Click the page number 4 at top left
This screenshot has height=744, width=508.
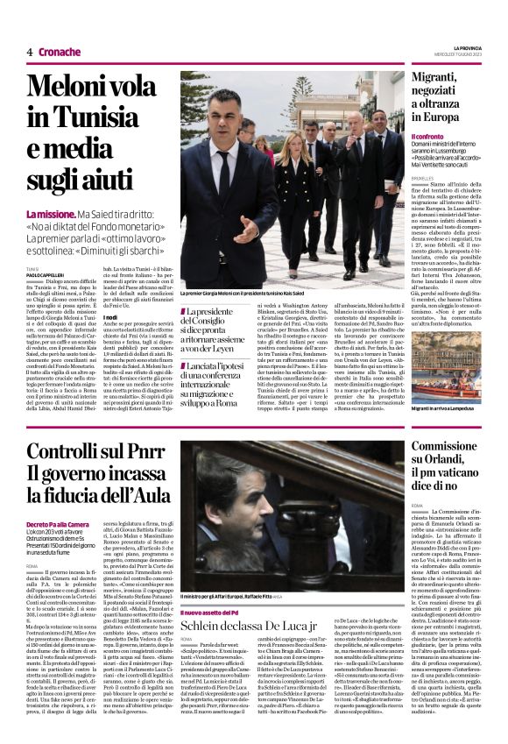[29, 52]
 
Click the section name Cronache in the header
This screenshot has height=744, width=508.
[60, 52]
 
